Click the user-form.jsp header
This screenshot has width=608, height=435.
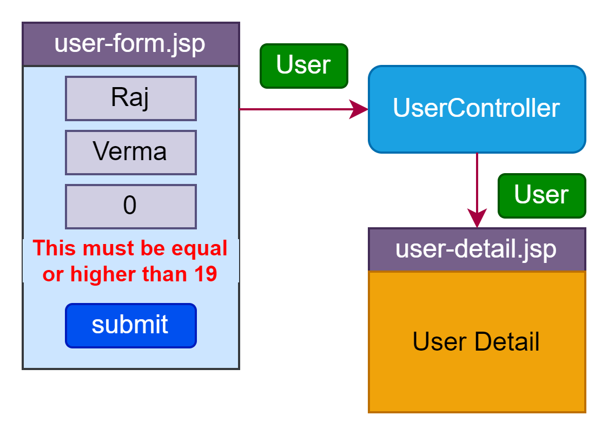pos(131,44)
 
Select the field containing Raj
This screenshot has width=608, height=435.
pos(131,98)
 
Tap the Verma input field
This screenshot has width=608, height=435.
pos(131,153)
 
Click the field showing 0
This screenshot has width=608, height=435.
pos(131,207)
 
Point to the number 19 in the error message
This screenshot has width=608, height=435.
pos(206,274)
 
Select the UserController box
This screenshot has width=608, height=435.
pos(477,109)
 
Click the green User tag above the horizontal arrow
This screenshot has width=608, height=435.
pos(304,66)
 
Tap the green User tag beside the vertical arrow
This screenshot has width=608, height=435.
pos(542,196)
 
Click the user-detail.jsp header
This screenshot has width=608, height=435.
pos(477,249)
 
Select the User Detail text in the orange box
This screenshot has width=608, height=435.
pos(476,341)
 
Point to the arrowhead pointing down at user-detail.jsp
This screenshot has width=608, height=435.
pos(477,218)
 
